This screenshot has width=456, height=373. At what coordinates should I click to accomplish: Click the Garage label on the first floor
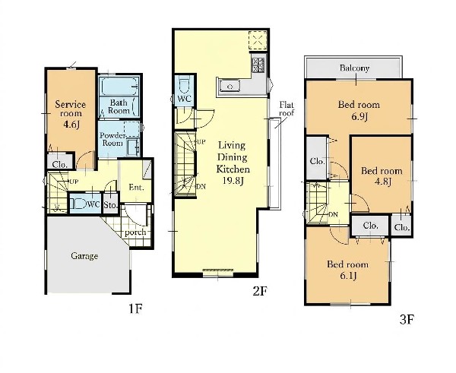(x=84, y=256)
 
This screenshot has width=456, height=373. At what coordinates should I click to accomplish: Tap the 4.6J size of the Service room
(x=71, y=125)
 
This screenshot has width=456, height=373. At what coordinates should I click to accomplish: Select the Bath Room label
(x=119, y=106)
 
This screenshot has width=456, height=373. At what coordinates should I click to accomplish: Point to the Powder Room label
(x=112, y=139)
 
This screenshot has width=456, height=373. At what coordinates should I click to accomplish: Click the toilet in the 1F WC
(x=78, y=204)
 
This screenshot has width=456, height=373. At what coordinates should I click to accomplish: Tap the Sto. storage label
(x=110, y=205)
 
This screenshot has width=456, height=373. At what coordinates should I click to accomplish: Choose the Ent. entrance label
(x=136, y=187)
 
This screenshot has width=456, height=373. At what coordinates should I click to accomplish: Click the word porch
(x=135, y=232)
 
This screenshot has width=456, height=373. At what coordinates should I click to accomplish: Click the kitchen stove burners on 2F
(x=258, y=65)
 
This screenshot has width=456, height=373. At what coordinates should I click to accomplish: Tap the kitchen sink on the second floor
(x=230, y=87)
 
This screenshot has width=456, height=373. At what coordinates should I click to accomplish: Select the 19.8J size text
(x=233, y=181)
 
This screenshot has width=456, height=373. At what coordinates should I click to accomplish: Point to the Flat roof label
(x=287, y=109)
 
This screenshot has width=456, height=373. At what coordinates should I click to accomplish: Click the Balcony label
(x=354, y=68)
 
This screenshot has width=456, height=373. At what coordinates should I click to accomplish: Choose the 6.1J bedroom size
(x=348, y=275)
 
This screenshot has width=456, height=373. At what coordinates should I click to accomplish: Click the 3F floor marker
(x=407, y=320)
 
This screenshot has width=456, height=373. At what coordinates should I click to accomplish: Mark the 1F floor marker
(x=135, y=308)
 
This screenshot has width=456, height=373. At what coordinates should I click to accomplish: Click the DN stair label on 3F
(x=334, y=215)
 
